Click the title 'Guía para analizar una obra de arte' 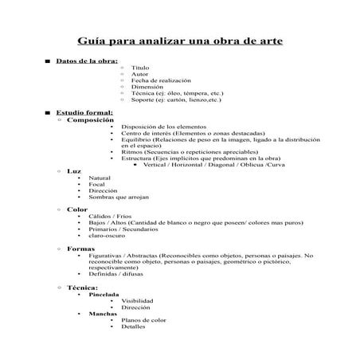pyautogui.click(x=179, y=41)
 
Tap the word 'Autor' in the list pyautogui.click(x=139, y=75)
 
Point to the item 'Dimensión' pyautogui.click(x=147, y=88)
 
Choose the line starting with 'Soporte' pyautogui.click(x=176, y=100)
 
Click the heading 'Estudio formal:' pyautogui.click(x=84, y=113)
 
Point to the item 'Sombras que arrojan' pyautogui.click(x=117, y=197)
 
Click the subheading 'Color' pyautogui.click(x=77, y=209)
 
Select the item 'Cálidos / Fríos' pyautogui.click(x=111, y=217)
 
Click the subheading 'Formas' pyautogui.click(x=81, y=248)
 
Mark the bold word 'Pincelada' pyautogui.click(x=104, y=294)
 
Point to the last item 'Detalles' pyautogui.click(x=133, y=327)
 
